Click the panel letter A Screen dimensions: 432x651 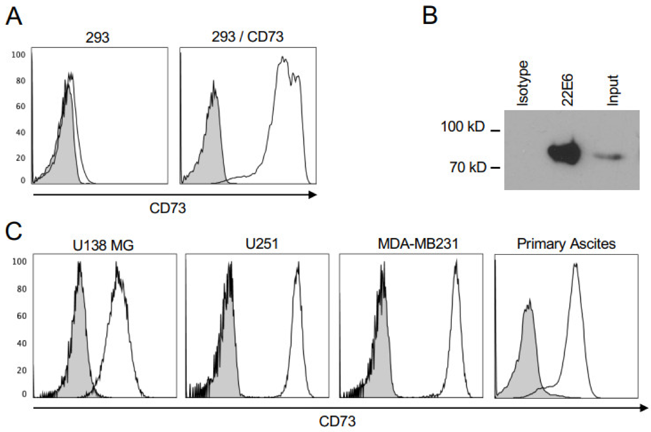(14, 17)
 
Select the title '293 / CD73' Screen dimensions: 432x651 (247, 37)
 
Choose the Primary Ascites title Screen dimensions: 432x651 (566, 244)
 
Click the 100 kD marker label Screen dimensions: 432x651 (463, 127)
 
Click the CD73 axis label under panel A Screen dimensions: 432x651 (167, 208)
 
